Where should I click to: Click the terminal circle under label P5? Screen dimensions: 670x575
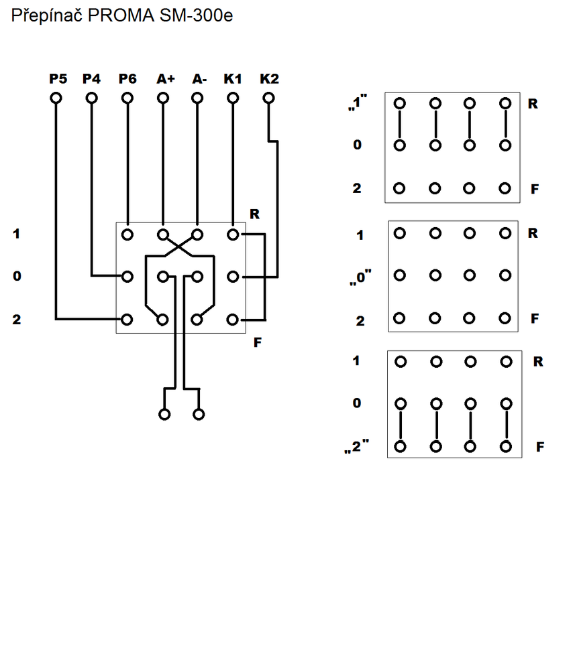coord(56,98)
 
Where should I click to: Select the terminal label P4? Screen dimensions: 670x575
coord(91,79)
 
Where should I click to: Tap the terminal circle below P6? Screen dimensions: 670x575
coord(127,98)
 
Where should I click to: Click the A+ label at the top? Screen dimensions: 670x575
coord(165,79)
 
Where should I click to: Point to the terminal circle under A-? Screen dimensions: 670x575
coord(197,98)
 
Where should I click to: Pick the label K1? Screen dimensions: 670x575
coord(233,79)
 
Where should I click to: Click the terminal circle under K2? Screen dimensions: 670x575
coord(268,98)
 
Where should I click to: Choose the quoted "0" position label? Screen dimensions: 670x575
coord(360,277)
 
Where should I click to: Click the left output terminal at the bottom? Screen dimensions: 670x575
coord(164,414)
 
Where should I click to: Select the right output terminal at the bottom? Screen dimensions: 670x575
coord(199,414)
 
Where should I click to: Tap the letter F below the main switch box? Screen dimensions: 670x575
coord(257,344)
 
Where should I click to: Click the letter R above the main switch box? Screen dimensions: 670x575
coord(254,214)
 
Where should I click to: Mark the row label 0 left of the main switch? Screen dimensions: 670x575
coord(17,276)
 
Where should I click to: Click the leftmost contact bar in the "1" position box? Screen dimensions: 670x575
coord(401,125)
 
